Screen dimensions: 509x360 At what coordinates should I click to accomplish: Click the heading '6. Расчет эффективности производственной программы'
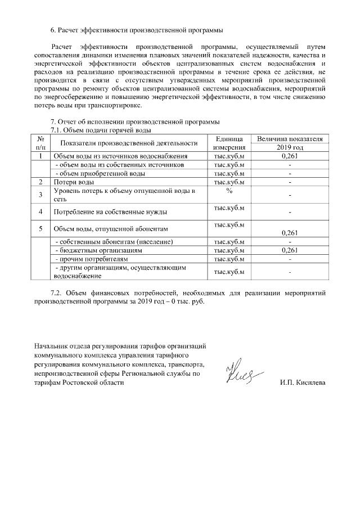coord(137,29)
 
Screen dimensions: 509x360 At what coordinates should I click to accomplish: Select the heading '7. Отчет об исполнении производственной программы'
coord(135,122)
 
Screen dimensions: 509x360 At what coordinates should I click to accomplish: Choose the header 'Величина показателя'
coord(289,138)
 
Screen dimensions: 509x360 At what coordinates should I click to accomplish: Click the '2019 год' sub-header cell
coord(289,147)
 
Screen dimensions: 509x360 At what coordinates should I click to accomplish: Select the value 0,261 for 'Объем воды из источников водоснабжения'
coord(289,156)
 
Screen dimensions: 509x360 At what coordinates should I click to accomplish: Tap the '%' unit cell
coord(228,191)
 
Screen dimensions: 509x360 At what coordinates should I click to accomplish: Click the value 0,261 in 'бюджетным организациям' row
coord(289,250)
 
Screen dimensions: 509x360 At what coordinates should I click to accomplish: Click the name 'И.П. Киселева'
coord(302,383)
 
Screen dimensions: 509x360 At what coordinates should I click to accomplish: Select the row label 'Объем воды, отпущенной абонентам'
coord(111,229)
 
